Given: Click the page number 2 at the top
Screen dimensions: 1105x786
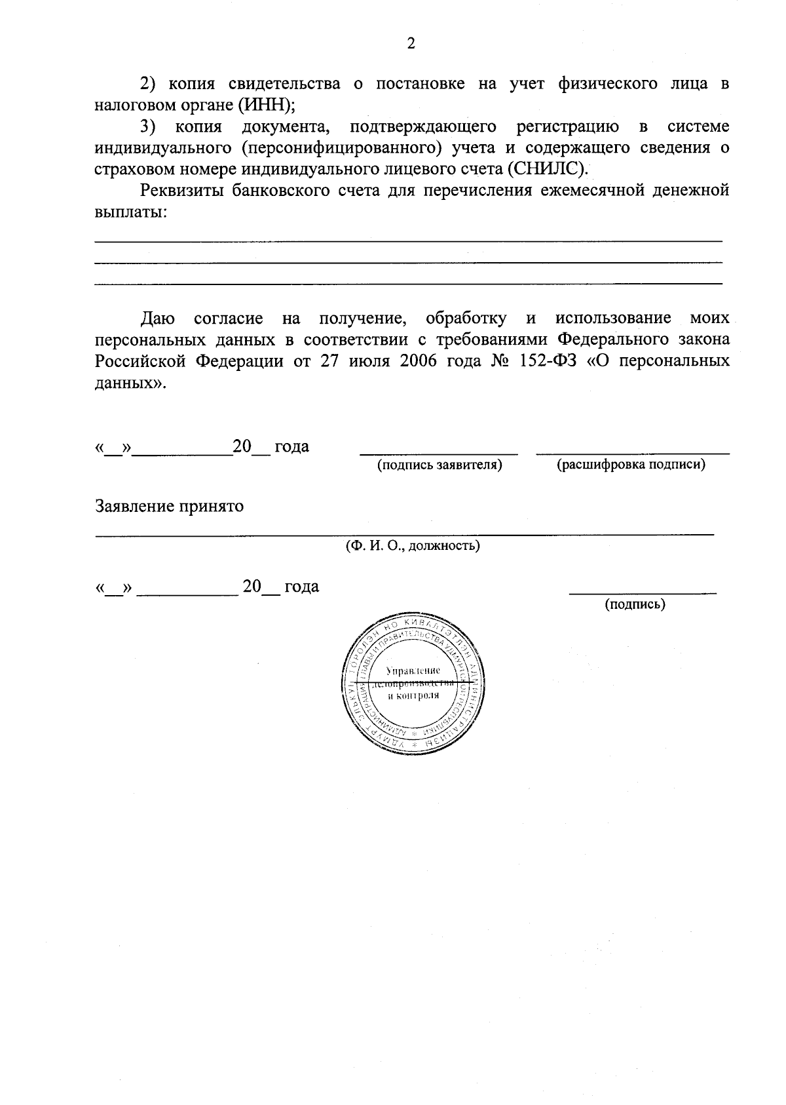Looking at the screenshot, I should [x=411, y=45].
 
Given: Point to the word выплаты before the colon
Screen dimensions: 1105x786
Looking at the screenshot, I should [x=127, y=212].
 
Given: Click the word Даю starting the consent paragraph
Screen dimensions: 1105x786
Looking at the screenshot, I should [x=158, y=319].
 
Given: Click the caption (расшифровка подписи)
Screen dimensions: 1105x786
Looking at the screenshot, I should [x=631, y=465].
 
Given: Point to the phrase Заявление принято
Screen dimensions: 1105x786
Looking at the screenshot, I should [x=170, y=507].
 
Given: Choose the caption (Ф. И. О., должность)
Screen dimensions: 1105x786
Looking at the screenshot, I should [x=413, y=545].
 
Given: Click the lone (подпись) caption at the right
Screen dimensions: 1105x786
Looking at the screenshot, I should [x=635, y=604].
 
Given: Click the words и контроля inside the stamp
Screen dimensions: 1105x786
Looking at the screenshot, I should [x=413, y=695].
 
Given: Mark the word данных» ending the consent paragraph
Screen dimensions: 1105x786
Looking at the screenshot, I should [x=131, y=383].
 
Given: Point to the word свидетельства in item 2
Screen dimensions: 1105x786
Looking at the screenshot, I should [x=284, y=84].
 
